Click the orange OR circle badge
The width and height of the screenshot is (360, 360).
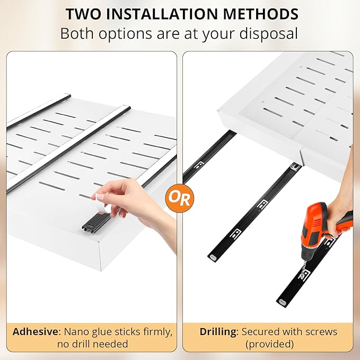click(180, 198)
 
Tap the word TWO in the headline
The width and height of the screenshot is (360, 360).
click(83, 14)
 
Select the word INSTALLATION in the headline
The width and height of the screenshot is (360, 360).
click(162, 14)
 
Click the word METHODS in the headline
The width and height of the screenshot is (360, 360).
click(260, 14)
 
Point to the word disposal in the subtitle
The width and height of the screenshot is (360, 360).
click(268, 33)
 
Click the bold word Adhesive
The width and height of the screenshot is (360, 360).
click(36, 331)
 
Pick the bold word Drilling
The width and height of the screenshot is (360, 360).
click(218, 332)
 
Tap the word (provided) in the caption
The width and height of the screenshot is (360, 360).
click(269, 344)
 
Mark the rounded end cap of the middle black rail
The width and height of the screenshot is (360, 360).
click(213, 257)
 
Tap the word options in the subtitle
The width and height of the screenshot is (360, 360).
click(125, 34)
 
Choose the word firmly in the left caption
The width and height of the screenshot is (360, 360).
click(158, 332)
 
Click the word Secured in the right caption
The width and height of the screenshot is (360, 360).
click(260, 332)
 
